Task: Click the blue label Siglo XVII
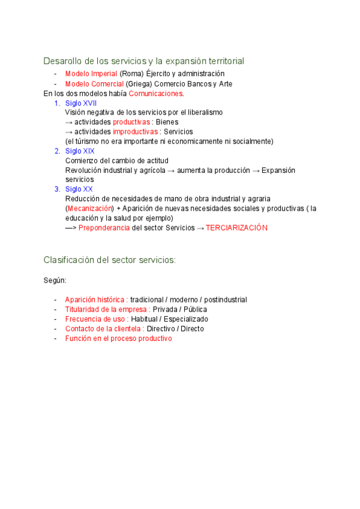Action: [x=81, y=103]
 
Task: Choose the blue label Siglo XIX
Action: [x=80, y=151]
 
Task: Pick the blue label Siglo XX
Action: [x=79, y=190]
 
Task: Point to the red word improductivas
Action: [x=136, y=132]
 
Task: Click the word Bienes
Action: [x=167, y=122]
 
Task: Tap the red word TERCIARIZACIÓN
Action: [x=236, y=228]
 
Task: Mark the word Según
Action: [x=55, y=280]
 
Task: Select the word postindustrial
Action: [x=221, y=300]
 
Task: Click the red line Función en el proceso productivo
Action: [x=118, y=339]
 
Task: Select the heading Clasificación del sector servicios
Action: [x=109, y=260]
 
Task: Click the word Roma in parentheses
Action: [x=132, y=74]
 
